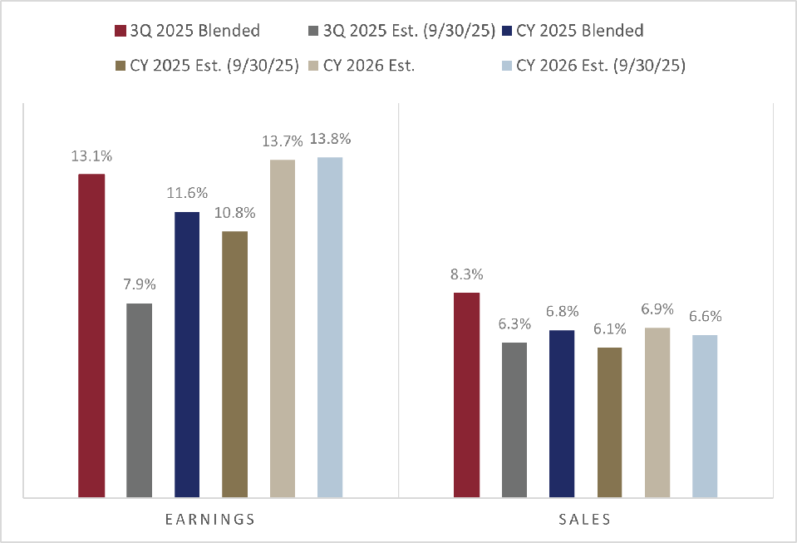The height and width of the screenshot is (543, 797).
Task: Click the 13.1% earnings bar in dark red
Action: click(91, 336)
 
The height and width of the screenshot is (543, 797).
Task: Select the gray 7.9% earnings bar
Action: click(140, 400)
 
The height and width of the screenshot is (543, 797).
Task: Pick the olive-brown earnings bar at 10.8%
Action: click(235, 364)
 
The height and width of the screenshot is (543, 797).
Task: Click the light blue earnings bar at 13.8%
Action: click(330, 328)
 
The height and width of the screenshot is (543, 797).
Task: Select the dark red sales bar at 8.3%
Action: click(467, 395)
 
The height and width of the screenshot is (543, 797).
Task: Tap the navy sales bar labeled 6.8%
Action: click(562, 413)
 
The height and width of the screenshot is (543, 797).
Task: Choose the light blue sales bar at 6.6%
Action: click(705, 416)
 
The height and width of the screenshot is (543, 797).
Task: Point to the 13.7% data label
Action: click(283, 141)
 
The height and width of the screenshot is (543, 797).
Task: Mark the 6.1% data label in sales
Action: click(610, 329)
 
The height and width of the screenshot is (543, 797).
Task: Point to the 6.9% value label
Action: click(657, 309)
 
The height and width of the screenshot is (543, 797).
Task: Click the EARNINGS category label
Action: click(210, 520)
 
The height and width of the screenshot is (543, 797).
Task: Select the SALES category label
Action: click(585, 520)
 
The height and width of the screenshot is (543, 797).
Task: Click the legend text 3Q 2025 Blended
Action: click(194, 31)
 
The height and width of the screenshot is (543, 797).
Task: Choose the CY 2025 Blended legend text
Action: click(579, 31)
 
